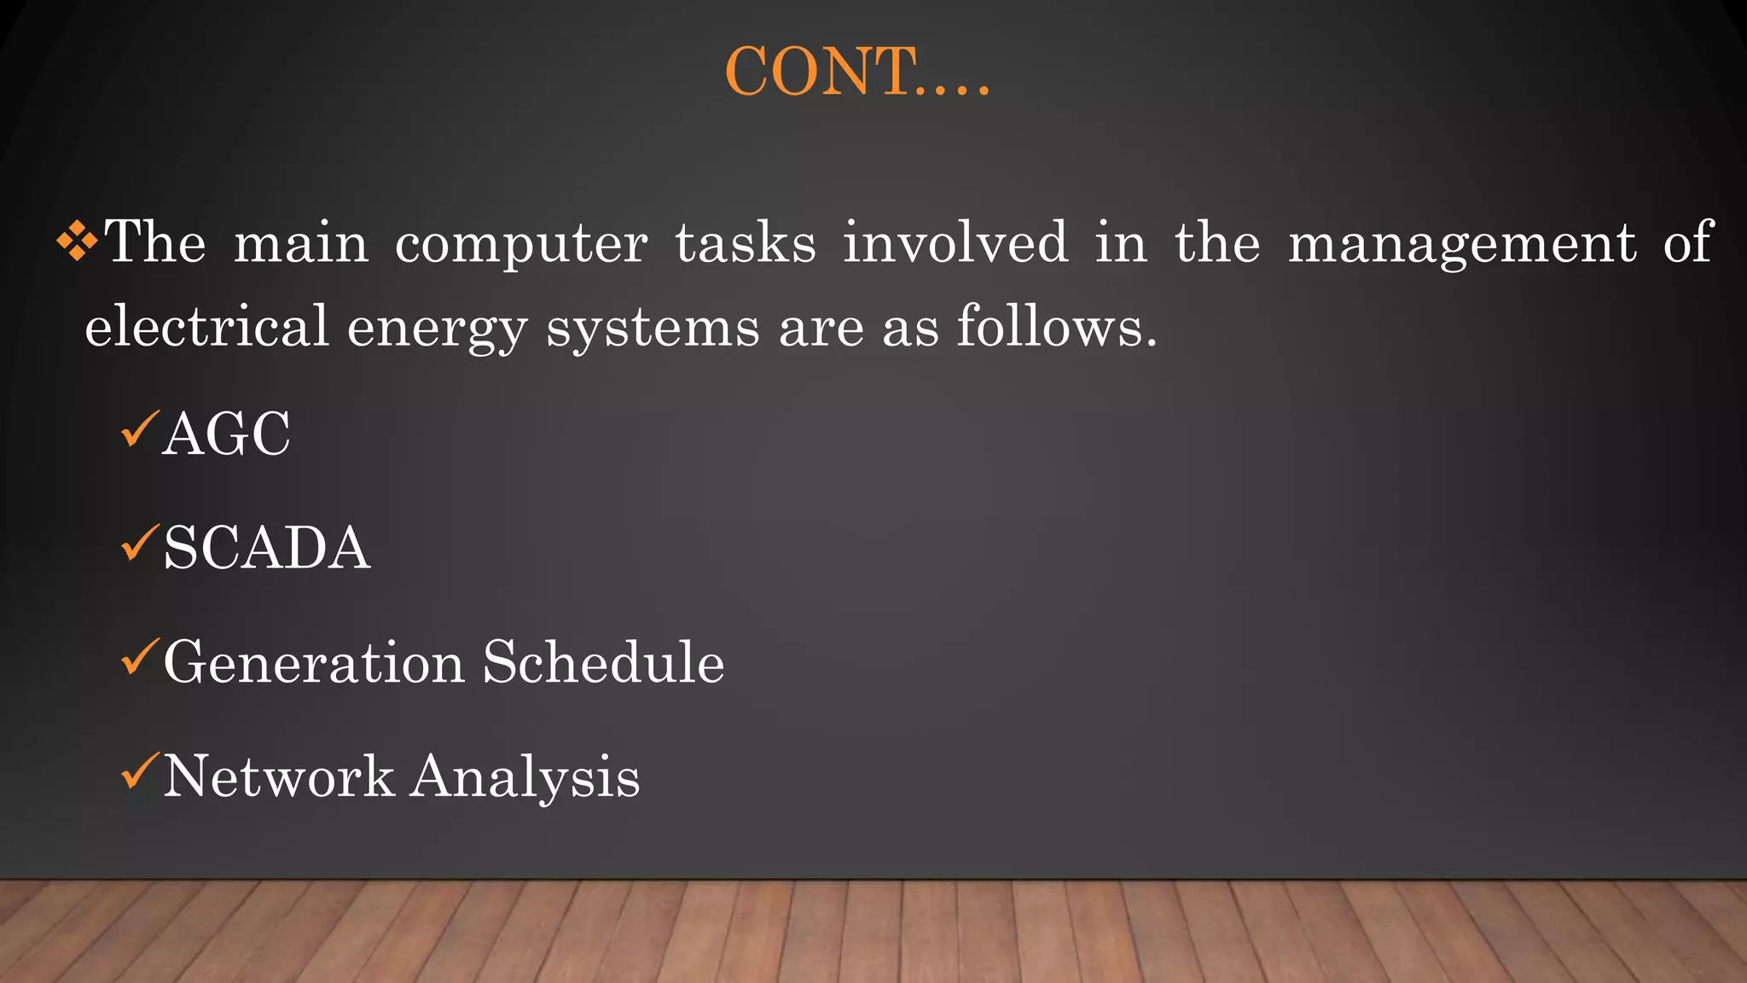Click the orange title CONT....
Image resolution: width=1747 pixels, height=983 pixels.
pyautogui.click(x=856, y=72)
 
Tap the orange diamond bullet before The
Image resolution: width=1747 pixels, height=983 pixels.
pyautogui.click(x=77, y=241)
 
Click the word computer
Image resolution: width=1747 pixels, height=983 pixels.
pyautogui.click(x=520, y=245)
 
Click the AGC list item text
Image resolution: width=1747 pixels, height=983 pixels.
pyautogui.click(x=227, y=434)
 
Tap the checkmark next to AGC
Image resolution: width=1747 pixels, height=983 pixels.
pyautogui.click(x=139, y=429)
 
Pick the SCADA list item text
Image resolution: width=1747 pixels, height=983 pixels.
pyautogui.click(x=266, y=548)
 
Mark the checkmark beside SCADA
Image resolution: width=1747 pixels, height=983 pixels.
pyautogui.click(x=139, y=544)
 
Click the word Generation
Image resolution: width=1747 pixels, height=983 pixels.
pyautogui.click(x=313, y=662)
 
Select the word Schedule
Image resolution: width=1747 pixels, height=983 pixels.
pyautogui.click(x=603, y=662)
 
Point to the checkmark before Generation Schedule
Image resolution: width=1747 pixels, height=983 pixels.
pyautogui.click(x=139, y=657)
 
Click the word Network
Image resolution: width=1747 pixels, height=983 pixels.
pyautogui.click(x=278, y=777)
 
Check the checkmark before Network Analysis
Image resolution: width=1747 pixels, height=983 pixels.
pyautogui.click(x=139, y=771)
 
